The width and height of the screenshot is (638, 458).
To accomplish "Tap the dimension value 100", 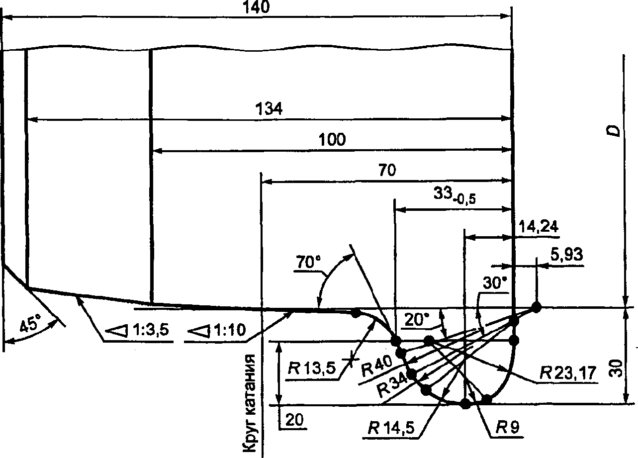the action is pyautogui.click(x=332, y=140).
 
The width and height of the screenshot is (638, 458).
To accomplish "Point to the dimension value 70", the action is pyautogui.click(x=387, y=171).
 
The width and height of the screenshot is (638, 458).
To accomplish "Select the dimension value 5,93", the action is pyautogui.click(x=566, y=255).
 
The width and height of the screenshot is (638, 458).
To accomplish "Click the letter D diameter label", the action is pyautogui.click(x=615, y=131).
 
